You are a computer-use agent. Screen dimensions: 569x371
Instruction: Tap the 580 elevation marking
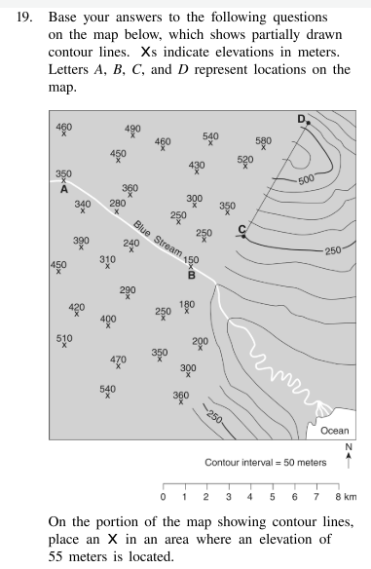coord(263,141)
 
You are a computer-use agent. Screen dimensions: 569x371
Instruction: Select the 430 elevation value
coord(197,166)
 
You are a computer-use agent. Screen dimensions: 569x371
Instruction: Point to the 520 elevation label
coord(245,159)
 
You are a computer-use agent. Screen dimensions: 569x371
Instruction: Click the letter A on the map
coord(63,190)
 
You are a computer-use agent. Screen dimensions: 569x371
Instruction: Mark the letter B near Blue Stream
coord(191,274)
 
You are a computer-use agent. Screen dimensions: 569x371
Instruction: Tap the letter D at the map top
coord(301,118)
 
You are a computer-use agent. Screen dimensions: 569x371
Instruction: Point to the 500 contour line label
coord(307,179)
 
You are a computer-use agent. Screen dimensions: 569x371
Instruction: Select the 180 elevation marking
coord(187,305)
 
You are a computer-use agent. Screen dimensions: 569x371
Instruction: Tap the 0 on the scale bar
coord(163,498)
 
